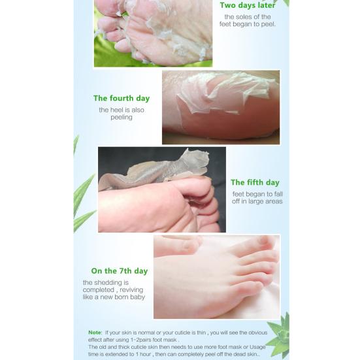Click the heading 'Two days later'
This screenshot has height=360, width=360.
[x=247, y=5]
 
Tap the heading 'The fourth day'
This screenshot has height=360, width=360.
[x=122, y=99]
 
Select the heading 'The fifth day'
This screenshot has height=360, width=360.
[x=255, y=183]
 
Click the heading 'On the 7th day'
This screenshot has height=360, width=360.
[x=120, y=271]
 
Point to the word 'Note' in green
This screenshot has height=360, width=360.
[x=95, y=333]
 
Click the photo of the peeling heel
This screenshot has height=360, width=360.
[x=221, y=107]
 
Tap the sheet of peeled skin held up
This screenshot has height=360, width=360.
[x=163, y=169]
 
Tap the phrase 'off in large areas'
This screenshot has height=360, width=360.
[x=257, y=201]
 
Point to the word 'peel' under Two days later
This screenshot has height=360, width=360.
[x=267, y=24]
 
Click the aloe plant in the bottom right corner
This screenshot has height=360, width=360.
[x=280, y=333]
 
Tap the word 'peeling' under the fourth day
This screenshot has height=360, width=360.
[x=122, y=118]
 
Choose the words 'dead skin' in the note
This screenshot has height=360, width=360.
[x=248, y=354]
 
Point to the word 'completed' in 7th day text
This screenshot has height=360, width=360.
[x=98, y=290]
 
